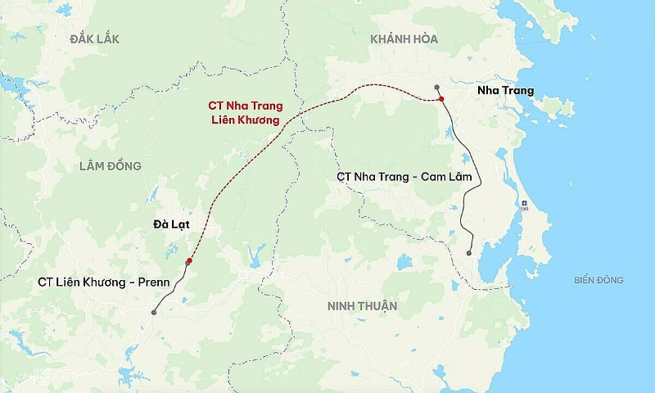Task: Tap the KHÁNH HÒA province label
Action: tap(404, 38)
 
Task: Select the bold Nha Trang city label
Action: tap(505, 91)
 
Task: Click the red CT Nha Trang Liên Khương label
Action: tap(244, 112)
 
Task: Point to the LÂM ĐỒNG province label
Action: tap(111, 166)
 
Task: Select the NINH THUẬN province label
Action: tap(361, 306)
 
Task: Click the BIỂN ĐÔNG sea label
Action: tap(599, 280)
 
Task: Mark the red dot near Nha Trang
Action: tap(440, 99)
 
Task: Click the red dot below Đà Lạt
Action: tap(189, 261)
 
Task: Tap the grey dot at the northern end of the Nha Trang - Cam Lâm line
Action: tap(437, 87)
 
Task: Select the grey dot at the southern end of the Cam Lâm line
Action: tap(469, 253)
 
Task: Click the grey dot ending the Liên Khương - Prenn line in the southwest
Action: tap(153, 312)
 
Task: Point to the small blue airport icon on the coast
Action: tap(524, 202)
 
